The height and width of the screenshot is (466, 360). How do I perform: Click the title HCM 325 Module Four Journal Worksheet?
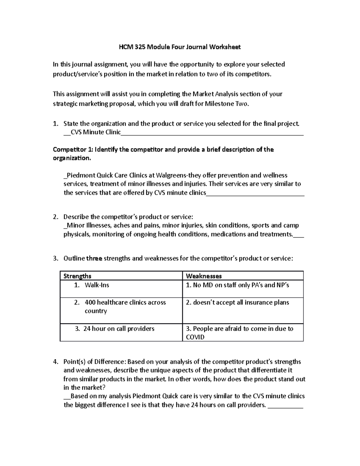(x=180, y=47)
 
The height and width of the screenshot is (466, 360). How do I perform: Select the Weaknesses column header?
(x=204, y=276)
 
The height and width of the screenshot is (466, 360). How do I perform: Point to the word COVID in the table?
(x=195, y=337)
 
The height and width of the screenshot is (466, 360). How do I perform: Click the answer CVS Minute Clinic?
(x=96, y=132)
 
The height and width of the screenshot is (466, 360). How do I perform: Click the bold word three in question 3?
(x=94, y=258)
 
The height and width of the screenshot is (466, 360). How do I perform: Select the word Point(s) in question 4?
(x=74, y=362)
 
